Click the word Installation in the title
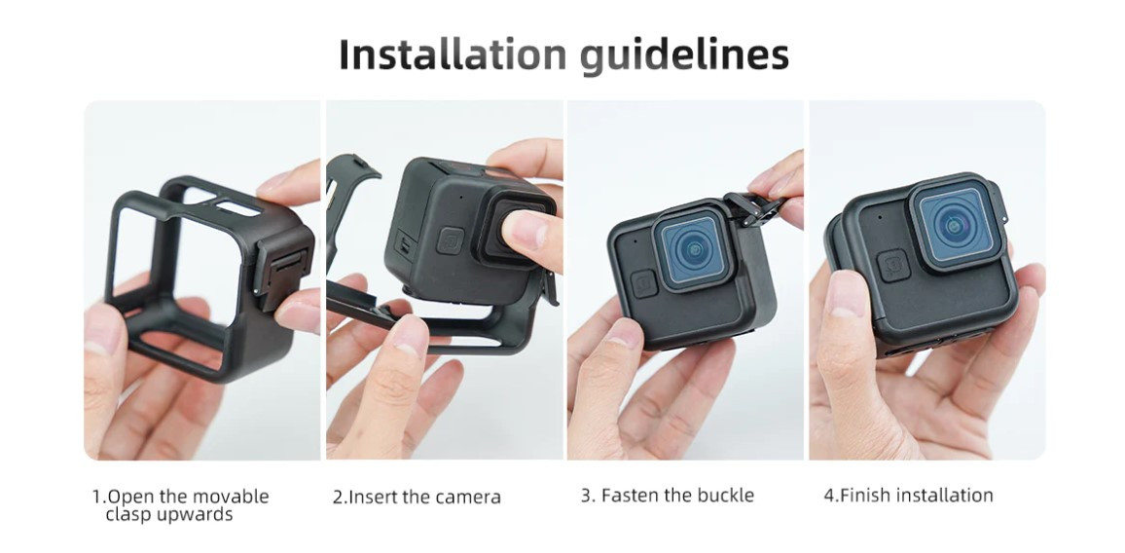click(x=454, y=54)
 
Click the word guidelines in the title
click(x=685, y=56)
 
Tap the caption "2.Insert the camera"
click(x=417, y=497)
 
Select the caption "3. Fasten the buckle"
click(x=668, y=496)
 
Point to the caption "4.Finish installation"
click(x=908, y=496)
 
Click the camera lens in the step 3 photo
click(x=691, y=250)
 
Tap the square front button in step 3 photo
click(x=643, y=283)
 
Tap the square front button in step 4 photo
click(x=893, y=266)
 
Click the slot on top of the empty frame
click(x=237, y=208)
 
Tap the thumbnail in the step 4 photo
click(x=846, y=294)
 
